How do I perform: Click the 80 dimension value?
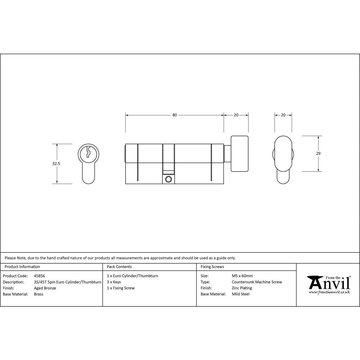pyautogui.click(x=175, y=115)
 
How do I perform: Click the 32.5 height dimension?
pyautogui.click(x=56, y=163)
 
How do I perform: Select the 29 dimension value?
pyautogui.click(x=318, y=153)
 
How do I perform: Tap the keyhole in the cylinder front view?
pyautogui.click(x=88, y=153)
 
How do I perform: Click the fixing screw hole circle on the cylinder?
pyautogui.click(x=168, y=179)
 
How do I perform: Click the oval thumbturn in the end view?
pyautogui.click(x=283, y=153)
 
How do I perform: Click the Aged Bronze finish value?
pyautogui.click(x=45, y=288)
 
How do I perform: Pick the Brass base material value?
pyautogui.click(x=39, y=294)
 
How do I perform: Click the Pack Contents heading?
pyautogui.click(x=119, y=267)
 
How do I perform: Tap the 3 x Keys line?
pyautogui.click(x=114, y=282)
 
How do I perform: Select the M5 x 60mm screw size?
pyautogui.click(x=242, y=276)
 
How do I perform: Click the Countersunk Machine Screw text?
pyautogui.click(x=257, y=282)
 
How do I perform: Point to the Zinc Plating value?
pyautogui.click(x=242, y=288)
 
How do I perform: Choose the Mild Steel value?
pyautogui.click(x=240, y=294)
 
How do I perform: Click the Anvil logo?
pyautogui.click(x=328, y=284)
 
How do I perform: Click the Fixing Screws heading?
pyautogui.click(x=212, y=267)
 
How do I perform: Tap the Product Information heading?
pyautogui.click(x=22, y=267)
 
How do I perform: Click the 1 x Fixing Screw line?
pyautogui.click(x=121, y=288)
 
